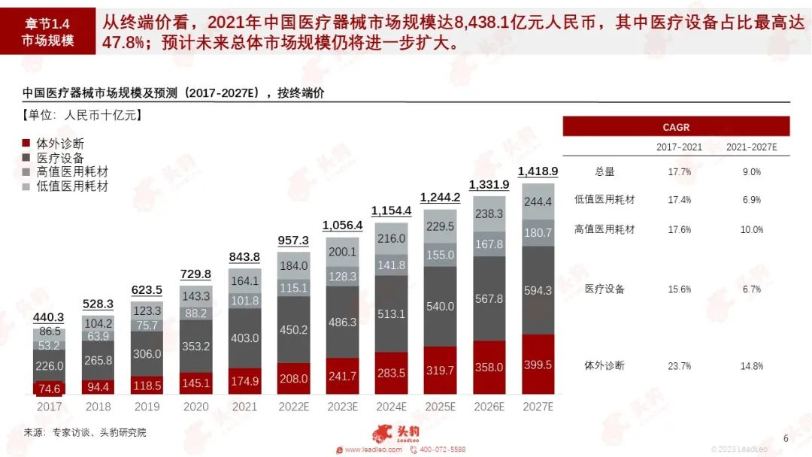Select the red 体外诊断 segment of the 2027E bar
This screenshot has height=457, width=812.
tap(538, 365)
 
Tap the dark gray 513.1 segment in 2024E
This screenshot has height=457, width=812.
tap(391, 313)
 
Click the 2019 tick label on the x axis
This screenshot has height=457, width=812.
tap(147, 407)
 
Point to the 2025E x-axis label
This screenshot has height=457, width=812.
tap(440, 407)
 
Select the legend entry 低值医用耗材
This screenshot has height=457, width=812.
tap(65, 186)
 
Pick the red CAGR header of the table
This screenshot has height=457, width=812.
tap(675, 127)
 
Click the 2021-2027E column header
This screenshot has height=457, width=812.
tap(751, 147)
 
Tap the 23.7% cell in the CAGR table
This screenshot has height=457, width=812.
tap(679, 366)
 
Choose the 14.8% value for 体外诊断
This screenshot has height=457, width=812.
tap(751, 366)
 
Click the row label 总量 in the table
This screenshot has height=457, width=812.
tap(604, 171)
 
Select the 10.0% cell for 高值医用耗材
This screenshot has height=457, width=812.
tap(751, 229)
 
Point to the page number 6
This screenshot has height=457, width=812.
tap(786, 438)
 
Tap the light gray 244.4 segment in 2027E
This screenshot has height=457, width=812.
tap(538, 201)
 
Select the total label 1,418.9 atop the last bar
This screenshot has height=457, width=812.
tap(538, 171)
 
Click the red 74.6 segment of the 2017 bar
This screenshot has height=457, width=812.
tap(50, 389)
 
